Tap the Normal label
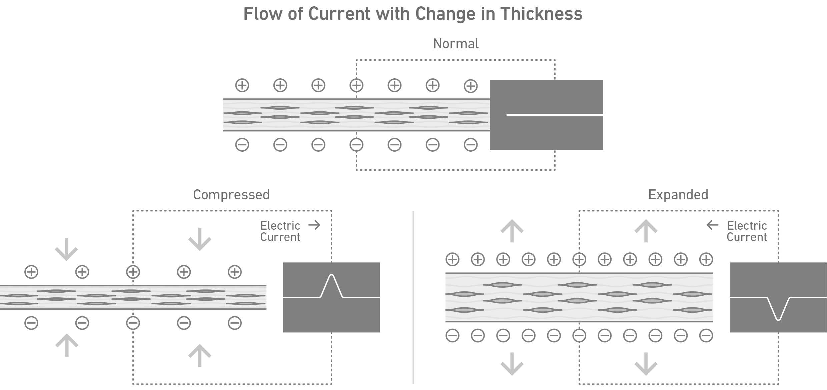tap(456, 44)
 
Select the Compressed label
tap(231, 195)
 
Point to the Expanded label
tap(678, 195)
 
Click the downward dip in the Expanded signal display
tap(778, 318)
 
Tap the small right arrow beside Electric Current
tap(314, 225)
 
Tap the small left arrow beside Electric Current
tap(712, 225)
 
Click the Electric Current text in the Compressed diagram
tap(280, 231)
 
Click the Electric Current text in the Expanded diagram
tap(747, 231)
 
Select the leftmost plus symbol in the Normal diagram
tap(242, 85)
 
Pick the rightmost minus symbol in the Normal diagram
tap(471, 145)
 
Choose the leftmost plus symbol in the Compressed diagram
tap(31, 272)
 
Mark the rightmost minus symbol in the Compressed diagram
tap(234, 323)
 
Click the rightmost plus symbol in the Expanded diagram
tap(706, 259)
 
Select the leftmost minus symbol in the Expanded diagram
tap(452, 336)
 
